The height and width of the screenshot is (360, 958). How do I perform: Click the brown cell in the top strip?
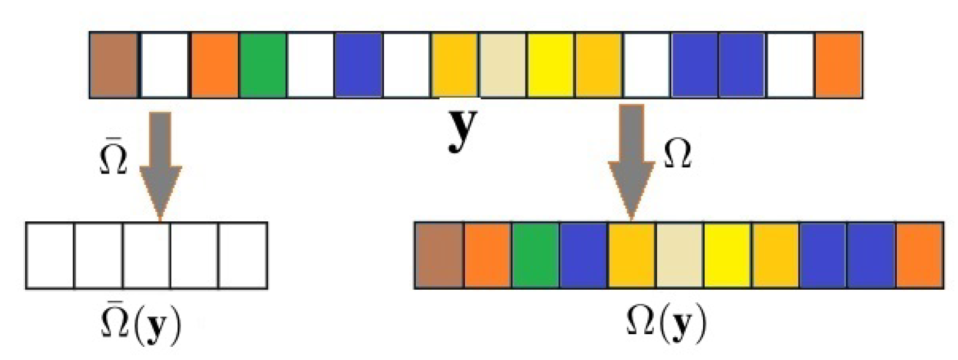tap(114, 65)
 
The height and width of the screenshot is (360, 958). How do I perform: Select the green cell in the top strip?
tap(263, 65)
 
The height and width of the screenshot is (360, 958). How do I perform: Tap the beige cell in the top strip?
tap(503, 65)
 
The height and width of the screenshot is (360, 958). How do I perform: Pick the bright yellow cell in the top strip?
tap(551, 65)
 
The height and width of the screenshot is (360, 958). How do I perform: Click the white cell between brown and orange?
tap(164, 65)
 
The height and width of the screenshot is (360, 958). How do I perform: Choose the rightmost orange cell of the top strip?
tap(838, 65)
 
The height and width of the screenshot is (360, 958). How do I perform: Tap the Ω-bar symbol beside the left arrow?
tap(113, 158)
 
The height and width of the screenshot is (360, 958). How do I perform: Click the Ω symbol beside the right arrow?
tap(677, 155)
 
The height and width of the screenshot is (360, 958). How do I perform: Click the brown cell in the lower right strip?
tap(439, 255)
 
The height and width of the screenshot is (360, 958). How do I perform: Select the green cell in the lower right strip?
tap(535, 255)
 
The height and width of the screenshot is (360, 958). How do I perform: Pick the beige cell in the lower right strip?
tap(679, 255)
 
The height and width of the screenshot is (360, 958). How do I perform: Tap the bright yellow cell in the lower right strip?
tap(727, 255)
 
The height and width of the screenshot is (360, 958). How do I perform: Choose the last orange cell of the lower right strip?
tap(919, 255)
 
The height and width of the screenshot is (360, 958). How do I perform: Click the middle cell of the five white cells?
tap(146, 255)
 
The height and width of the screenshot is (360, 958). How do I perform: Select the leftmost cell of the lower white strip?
tap(50, 255)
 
